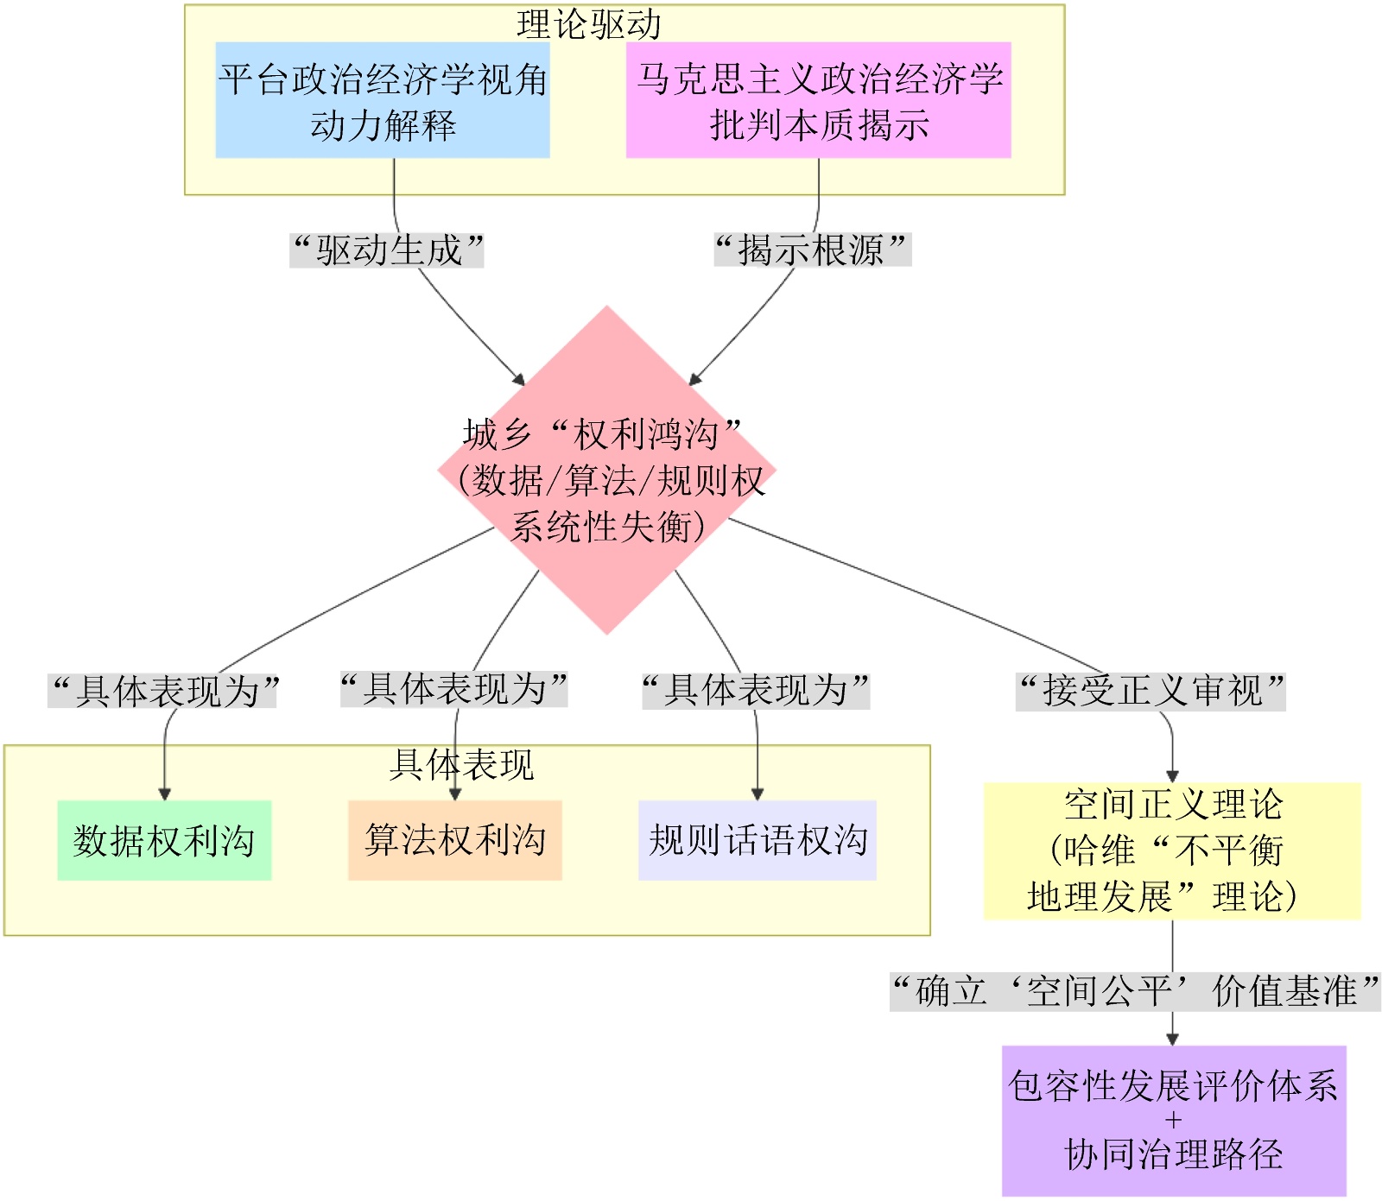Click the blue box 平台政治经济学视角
383,100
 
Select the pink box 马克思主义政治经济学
818,100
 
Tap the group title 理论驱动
589,24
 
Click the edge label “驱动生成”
387,250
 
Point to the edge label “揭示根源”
811,250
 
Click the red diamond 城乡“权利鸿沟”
606,471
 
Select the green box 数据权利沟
164,840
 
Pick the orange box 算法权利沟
455,840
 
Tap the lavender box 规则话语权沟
758,840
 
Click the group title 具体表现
462,765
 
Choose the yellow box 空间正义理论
1172,851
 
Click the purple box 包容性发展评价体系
1174,1121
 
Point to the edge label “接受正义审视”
1151,691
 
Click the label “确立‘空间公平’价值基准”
1135,991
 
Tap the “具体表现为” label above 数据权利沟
164,691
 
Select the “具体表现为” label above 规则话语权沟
756,690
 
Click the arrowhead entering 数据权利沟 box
164,794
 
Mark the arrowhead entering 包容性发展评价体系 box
1172,1040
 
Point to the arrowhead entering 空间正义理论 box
1172,776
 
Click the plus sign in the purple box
1173,1121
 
